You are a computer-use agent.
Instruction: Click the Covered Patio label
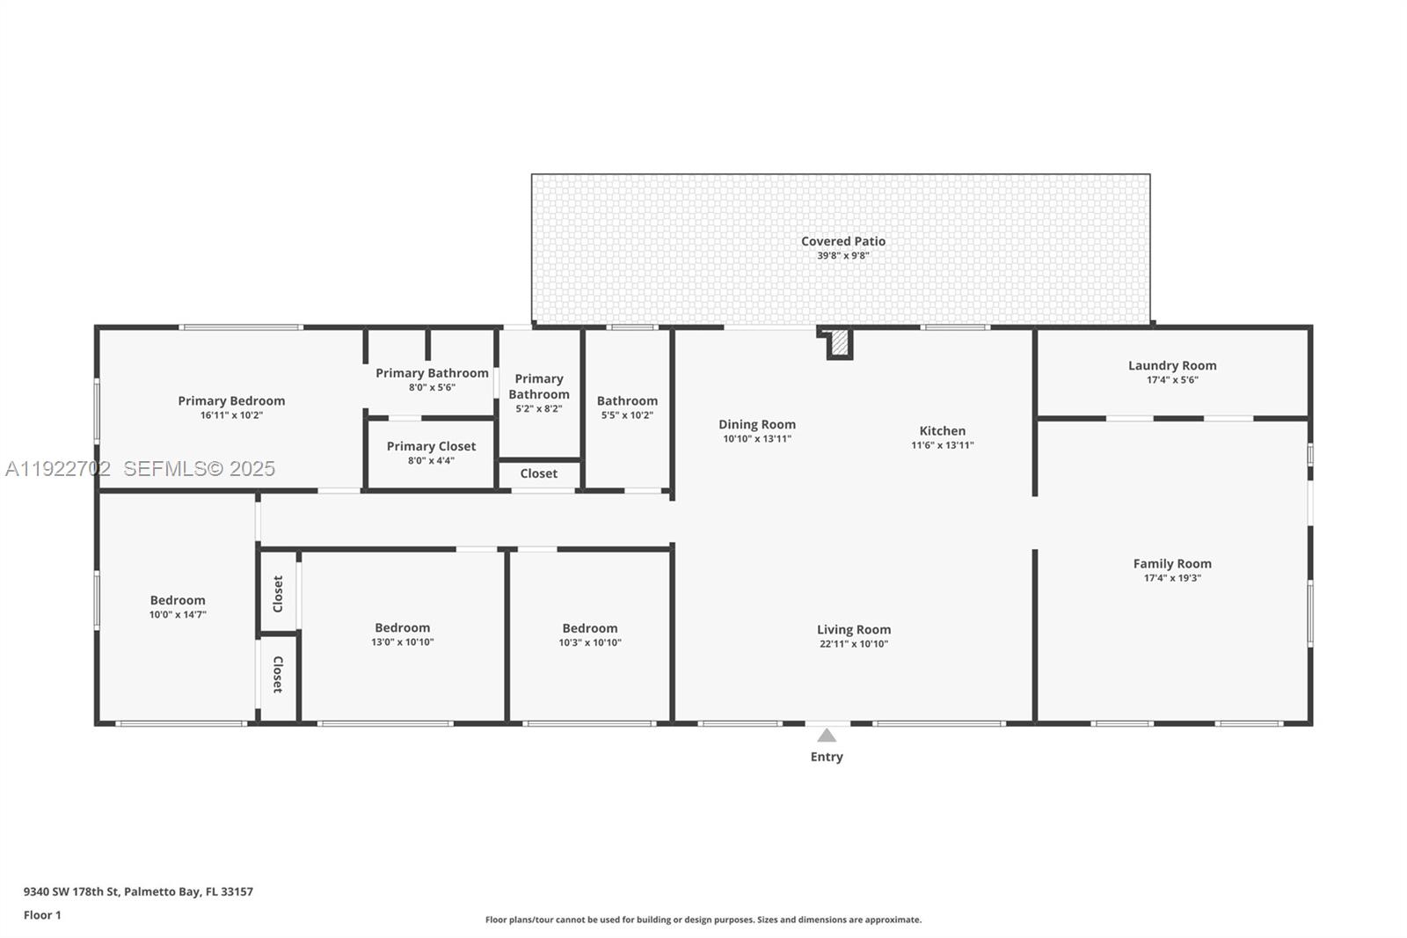(842, 241)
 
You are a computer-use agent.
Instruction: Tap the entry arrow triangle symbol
(827, 736)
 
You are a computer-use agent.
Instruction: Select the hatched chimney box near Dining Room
(840, 342)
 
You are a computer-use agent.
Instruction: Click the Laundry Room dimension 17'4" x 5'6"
(1172, 380)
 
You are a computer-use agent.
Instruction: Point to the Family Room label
(1171, 564)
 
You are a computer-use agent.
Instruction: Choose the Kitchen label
(942, 431)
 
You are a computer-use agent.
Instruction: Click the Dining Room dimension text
(756, 438)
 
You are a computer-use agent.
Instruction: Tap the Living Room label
(853, 630)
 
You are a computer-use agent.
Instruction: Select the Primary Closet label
(431, 446)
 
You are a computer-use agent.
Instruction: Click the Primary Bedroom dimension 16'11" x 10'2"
(231, 415)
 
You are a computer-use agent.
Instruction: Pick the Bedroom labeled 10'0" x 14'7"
(178, 601)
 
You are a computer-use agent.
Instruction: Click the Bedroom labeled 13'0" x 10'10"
(402, 628)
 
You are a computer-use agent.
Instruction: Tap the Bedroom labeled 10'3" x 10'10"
(589, 628)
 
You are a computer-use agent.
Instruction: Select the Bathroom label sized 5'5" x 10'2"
(627, 401)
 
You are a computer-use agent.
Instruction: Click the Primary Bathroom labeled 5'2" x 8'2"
(538, 386)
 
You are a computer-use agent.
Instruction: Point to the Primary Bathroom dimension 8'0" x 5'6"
(432, 387)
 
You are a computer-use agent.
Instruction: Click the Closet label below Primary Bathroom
(538, 473)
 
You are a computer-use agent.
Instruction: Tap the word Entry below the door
(826, 757)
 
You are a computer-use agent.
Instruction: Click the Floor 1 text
(42, 915)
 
